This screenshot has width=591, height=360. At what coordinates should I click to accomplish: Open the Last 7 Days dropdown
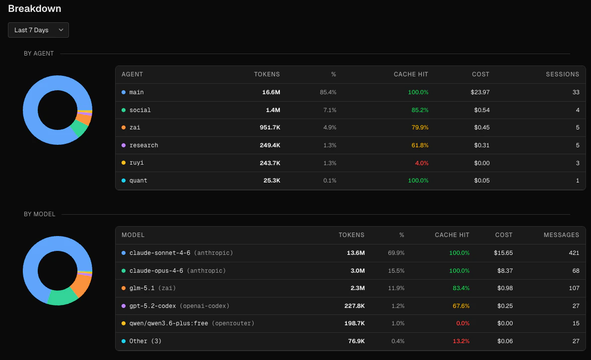pos(38,30)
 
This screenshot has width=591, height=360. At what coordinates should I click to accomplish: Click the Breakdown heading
pos(35,8)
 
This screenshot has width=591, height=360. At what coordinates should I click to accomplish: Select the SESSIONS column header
pos(562,74)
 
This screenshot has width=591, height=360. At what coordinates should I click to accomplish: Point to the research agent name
pos(143,145)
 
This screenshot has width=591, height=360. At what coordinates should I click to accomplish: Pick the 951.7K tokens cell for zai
pos(269,127)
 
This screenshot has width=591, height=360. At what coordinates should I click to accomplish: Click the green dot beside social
pos(124,110)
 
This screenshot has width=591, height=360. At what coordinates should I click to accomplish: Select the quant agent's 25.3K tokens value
pos(271,180)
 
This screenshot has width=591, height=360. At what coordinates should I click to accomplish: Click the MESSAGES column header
pos(561,235)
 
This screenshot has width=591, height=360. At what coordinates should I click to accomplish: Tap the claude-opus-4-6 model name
pos(156,271)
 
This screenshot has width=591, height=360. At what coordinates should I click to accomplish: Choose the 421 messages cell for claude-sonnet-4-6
pos(574,253)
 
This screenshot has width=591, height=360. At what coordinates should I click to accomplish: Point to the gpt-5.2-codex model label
pos(153,306)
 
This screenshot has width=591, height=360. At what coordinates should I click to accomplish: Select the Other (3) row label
pos(145,341)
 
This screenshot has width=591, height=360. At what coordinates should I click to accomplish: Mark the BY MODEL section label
pos(40,214)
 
